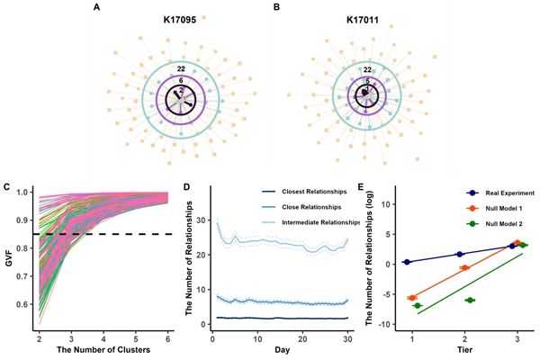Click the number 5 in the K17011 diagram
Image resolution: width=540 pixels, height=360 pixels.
366,81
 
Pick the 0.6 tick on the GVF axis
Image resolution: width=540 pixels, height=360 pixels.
22,305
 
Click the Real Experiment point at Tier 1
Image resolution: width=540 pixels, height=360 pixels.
407,262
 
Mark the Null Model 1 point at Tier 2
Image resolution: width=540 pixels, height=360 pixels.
464,268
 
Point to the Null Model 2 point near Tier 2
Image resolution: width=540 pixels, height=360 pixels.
470,300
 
